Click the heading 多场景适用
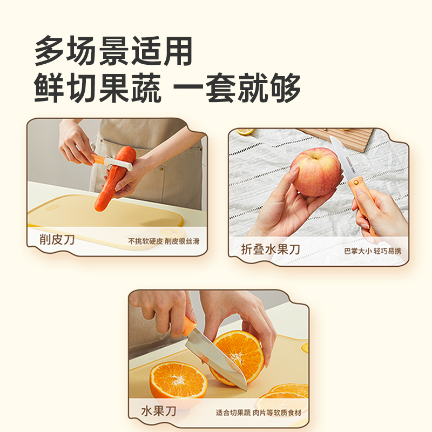pyautogui.click(x=113, y=52)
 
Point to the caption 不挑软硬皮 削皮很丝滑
pyautogui.click(x=163, y=241)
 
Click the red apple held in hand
pyautogui.click(x=316, y=171)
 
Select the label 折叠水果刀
pyautogui.click(x=271, y=249)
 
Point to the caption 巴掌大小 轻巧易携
pyautogui.click(x=373, y=251)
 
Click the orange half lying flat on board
pyautogui.click(x=178, y=380)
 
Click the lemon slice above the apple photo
pyautogui.click(x=246, y=131)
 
